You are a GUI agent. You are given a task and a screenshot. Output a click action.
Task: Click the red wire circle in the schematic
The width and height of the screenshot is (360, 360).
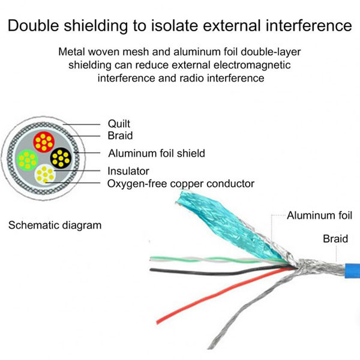[x=43, y=142]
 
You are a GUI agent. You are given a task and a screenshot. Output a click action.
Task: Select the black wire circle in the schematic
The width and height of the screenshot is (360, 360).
[x=61, y=158]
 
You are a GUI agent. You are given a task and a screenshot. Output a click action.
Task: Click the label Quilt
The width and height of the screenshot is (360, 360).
[x=119, y=124]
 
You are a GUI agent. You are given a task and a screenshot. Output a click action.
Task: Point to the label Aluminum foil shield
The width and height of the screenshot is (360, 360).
[x=157, y=153]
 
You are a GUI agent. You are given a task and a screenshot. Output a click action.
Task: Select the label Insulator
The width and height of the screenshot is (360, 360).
[x=128, y=171]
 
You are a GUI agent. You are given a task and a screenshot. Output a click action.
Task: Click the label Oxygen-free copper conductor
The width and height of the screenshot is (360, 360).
[x=181, y=184]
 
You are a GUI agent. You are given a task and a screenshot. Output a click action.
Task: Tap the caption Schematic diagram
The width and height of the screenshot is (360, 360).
[x=55, y=226]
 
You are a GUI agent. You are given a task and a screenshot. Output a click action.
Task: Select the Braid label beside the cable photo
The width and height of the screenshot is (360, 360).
[x=335, y=239]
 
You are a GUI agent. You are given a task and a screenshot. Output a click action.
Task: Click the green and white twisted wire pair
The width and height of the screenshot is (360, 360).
[x=204, y=260]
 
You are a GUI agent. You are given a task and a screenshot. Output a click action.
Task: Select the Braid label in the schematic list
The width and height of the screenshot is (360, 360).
[x=120, y=136]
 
